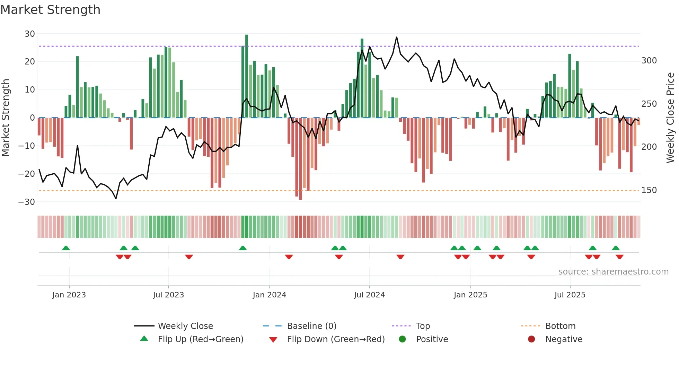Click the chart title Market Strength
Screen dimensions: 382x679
click(x=50, y=10)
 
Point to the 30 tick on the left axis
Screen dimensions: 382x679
click(x=30, y=34)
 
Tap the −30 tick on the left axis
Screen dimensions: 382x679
click(x=27, y=202)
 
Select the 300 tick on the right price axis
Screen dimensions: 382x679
click(x=649, y=61)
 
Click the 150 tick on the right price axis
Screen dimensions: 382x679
click(x=649, y=190)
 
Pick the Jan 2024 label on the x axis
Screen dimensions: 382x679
click(x=269, y=295)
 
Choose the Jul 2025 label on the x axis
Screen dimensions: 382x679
click(x=570, y=295)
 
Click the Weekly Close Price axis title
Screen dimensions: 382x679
click(x=670, y=118)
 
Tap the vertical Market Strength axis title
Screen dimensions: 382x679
click(x=6, y=118)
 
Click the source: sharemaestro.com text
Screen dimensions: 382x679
click(x=613, y=272)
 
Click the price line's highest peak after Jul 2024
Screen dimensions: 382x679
click(x=396, y=37)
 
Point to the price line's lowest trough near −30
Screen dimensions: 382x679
click(x=116, y=198)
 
